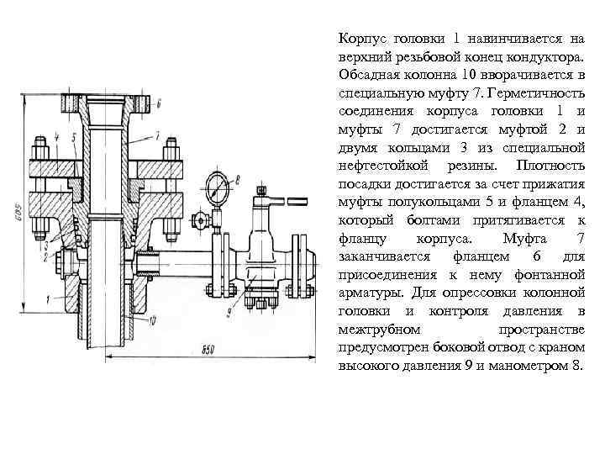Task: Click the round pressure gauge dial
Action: click(x=217, y=184)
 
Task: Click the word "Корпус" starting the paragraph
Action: click(x=362, y=38)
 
